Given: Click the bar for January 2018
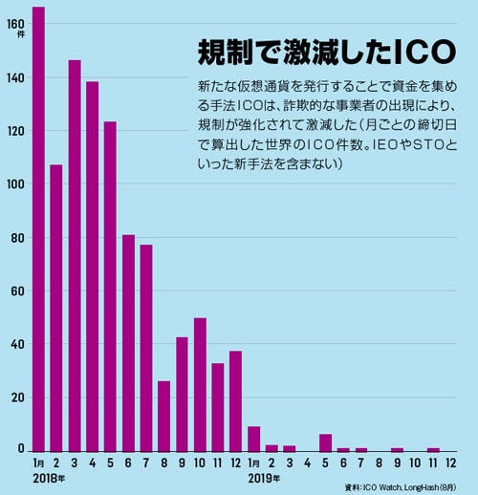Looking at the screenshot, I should (x=38, y=229).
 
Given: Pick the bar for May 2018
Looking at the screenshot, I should (x=110, y=286).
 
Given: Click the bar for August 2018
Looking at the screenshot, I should (x=163, y=416).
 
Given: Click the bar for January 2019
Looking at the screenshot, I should (x=253, y=439).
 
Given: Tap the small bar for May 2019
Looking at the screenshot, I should (x=325, y=442).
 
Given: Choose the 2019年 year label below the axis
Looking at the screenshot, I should (x=265, y=476).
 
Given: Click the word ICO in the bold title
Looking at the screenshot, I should (x=420, y=51).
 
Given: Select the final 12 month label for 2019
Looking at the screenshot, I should (x=450, y=462).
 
